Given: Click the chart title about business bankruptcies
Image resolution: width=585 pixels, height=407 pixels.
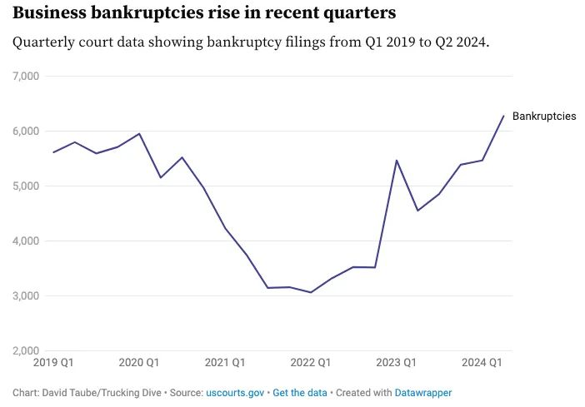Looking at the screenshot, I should pos(204,13).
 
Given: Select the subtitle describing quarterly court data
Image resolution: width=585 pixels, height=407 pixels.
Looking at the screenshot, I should pos(250,42).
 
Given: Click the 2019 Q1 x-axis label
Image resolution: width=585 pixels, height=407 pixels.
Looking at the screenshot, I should pos(52,363).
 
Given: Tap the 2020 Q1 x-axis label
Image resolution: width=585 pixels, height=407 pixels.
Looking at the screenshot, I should pos(139,363).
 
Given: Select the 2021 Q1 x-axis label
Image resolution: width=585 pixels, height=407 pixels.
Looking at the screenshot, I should pos(225,363).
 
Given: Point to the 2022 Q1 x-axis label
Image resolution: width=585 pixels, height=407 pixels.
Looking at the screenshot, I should pos(311,363).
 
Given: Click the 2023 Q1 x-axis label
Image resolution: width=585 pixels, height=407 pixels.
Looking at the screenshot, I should pos(397,363).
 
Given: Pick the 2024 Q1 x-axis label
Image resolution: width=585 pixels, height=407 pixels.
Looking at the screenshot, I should pos(482,363).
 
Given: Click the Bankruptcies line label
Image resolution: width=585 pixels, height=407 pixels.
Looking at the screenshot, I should pos(543,117).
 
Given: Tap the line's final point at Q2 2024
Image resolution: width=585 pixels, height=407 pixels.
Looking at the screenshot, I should pos(504,116).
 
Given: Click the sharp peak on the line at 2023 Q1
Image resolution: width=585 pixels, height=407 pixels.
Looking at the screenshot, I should pos(397,160).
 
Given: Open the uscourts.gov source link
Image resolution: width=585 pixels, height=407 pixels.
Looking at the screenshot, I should pos(235,392).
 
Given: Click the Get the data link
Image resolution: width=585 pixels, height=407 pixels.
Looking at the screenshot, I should pos(300,392).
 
